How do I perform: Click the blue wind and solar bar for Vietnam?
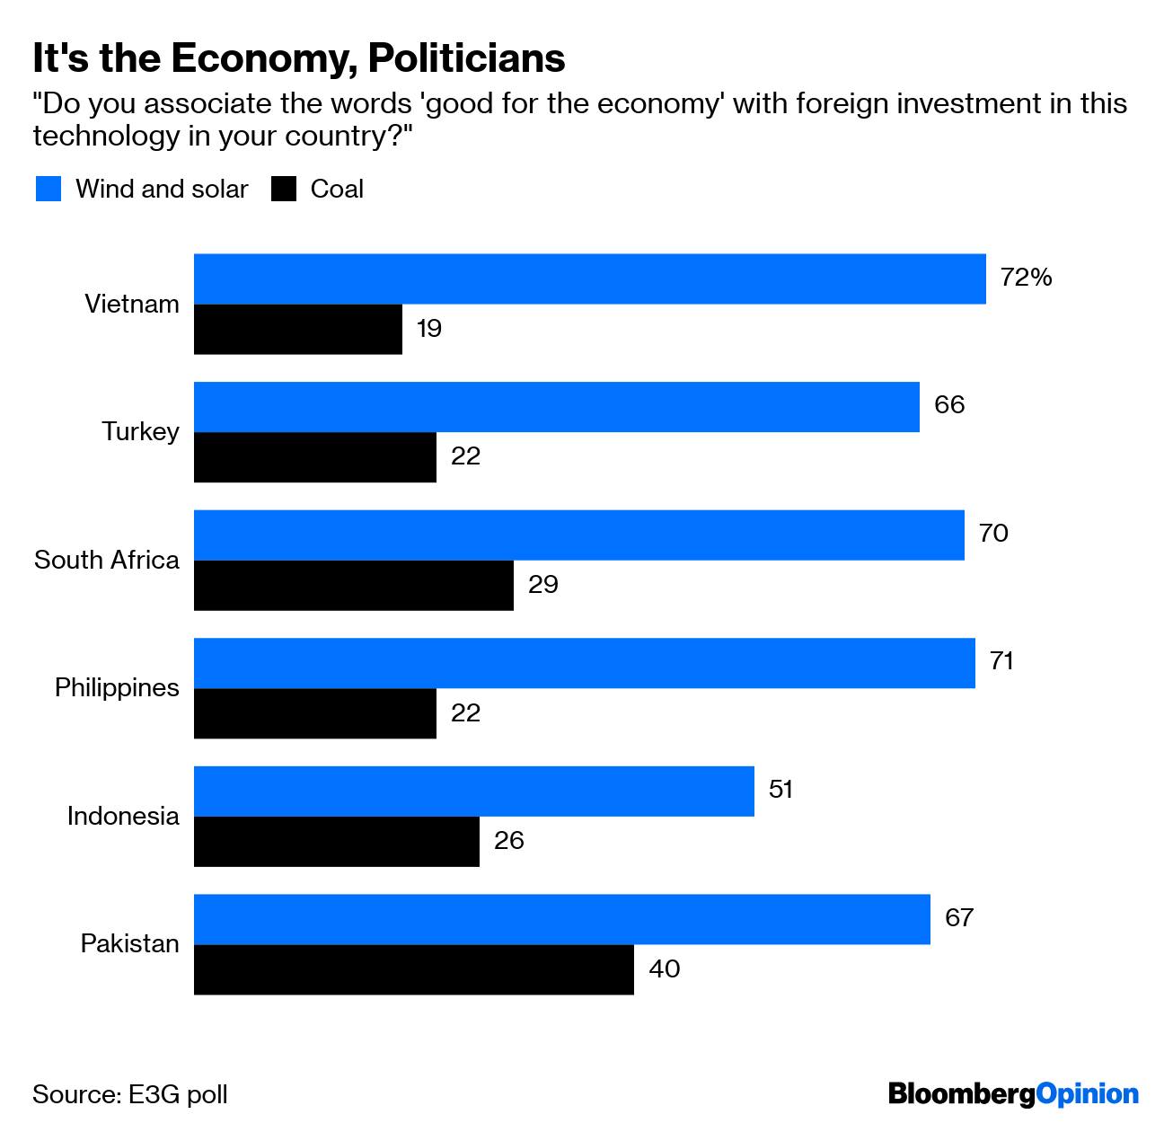point(589,279)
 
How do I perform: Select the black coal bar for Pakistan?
point(413,969)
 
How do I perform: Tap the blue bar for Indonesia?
point(473,791)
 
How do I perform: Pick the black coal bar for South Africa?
point(353,586)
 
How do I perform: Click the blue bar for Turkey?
point(556,407)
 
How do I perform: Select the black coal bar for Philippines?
point(314,713)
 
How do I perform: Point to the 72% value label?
point(1026,278)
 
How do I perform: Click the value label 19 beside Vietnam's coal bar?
point(428,329)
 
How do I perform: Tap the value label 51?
point(780,790)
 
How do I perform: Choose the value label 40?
point(664,969)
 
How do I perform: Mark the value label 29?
point(542,585)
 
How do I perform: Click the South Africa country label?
point(107,560)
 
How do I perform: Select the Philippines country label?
point(117,688)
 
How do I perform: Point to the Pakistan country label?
point(130,944)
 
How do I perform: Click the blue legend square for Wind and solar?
point(48,189)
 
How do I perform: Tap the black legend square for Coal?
point(284,189)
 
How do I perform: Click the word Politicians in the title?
point(466,58)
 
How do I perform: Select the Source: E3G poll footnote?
point(130,1095)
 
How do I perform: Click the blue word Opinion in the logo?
point(1087,1094)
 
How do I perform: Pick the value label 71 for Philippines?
point(1001,662)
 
